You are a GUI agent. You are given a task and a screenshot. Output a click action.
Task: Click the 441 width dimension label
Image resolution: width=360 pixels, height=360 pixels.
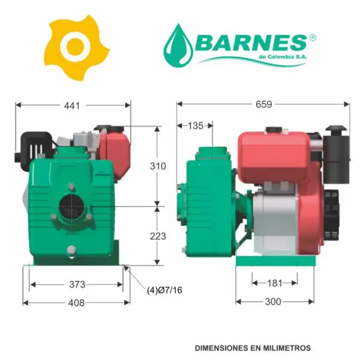point(72,106)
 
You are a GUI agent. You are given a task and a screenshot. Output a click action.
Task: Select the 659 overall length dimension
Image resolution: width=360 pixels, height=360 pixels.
point(264,104)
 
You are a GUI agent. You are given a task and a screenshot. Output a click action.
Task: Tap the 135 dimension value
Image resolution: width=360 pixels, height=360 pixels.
point(196,126)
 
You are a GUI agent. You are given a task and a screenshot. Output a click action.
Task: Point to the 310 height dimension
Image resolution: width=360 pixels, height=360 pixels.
point(158,166)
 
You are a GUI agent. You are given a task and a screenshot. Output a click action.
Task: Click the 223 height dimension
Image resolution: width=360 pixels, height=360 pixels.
point(158,236)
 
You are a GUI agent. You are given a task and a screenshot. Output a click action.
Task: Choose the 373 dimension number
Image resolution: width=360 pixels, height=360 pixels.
point(77,284)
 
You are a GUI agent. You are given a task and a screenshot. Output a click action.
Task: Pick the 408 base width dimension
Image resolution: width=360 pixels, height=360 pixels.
point(76,303)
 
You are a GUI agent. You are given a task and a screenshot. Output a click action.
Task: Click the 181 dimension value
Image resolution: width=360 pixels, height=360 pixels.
point(275,283)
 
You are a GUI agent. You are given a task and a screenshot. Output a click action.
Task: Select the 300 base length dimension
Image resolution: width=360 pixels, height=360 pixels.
point(273,302)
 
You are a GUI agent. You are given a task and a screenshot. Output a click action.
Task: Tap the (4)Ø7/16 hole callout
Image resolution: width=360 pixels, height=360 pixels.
point(164,290)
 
